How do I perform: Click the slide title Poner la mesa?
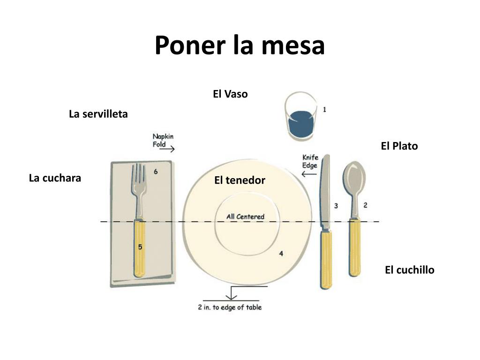click(240, 45)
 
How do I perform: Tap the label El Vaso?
click(230, 94)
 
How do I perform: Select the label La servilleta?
click(98, 114)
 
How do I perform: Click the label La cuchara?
click(55, 178)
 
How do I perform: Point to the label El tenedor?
click(240, 180)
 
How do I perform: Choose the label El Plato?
click(399, 146)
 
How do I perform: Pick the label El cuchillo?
click(409, 270)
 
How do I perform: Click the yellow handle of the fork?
click(139, 248)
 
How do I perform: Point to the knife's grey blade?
click(325, 192)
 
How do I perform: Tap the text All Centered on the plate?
click(245, 217)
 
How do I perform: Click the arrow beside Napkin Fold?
click(168, 150)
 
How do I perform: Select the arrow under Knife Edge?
click(309, 174)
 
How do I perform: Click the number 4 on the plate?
click(281, 254)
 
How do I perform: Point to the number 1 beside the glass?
click(324, 109)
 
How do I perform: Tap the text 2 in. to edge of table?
click(230, 307)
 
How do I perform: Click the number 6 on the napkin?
click(156, 172)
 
